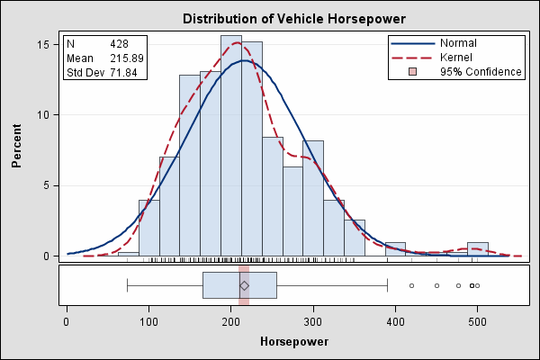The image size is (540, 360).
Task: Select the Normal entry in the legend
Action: [x=459, y=42]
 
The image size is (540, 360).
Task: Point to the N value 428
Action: [x=120, y=43]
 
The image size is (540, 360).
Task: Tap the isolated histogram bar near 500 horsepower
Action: [x=478, y=249]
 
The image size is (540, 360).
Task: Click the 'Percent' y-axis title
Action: [x=17, y=148]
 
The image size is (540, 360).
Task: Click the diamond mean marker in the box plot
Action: [x=244, y=285]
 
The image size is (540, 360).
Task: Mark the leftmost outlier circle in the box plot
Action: [x=411, y=285]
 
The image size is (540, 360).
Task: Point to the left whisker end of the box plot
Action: [x=128, y=285]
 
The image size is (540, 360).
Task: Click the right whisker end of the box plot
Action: [x=387, y=285]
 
